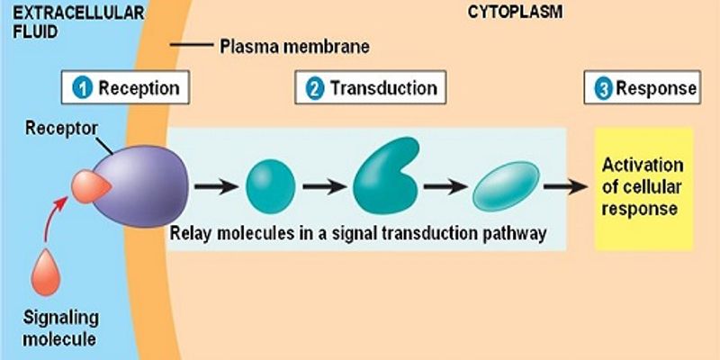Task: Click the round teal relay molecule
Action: point(270,186)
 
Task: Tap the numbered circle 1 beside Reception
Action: point(84,88)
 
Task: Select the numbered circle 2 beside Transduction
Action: point(315,88)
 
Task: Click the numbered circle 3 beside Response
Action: point(603,88)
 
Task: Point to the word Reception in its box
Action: point(139,88)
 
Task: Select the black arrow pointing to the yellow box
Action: point(563,187)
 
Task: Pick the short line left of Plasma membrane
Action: point(191,45)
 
